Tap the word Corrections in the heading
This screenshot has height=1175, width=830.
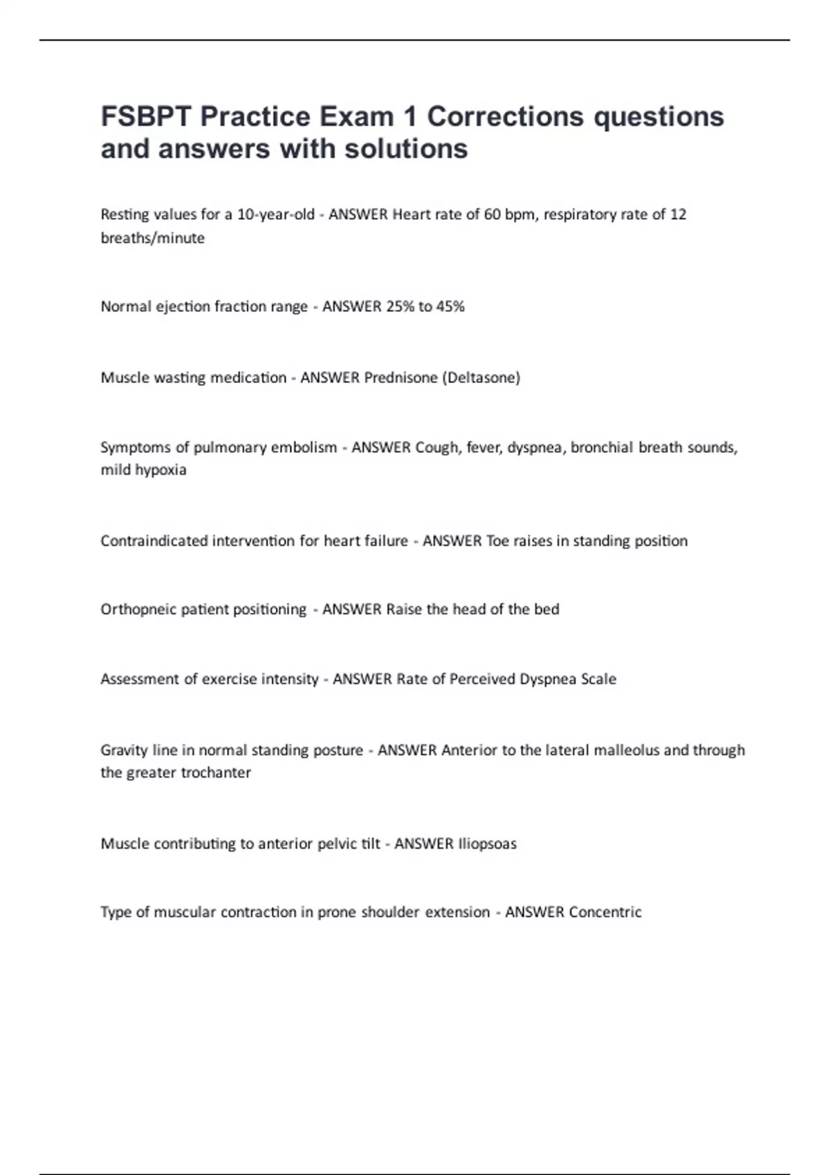click(505, 116)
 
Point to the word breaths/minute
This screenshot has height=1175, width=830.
click(152, 238)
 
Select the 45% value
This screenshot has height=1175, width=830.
click(450, 306)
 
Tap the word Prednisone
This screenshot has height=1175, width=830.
click(400, 377)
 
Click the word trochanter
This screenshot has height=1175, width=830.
click(215, 773)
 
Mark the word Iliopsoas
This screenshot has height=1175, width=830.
click(487, 843)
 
